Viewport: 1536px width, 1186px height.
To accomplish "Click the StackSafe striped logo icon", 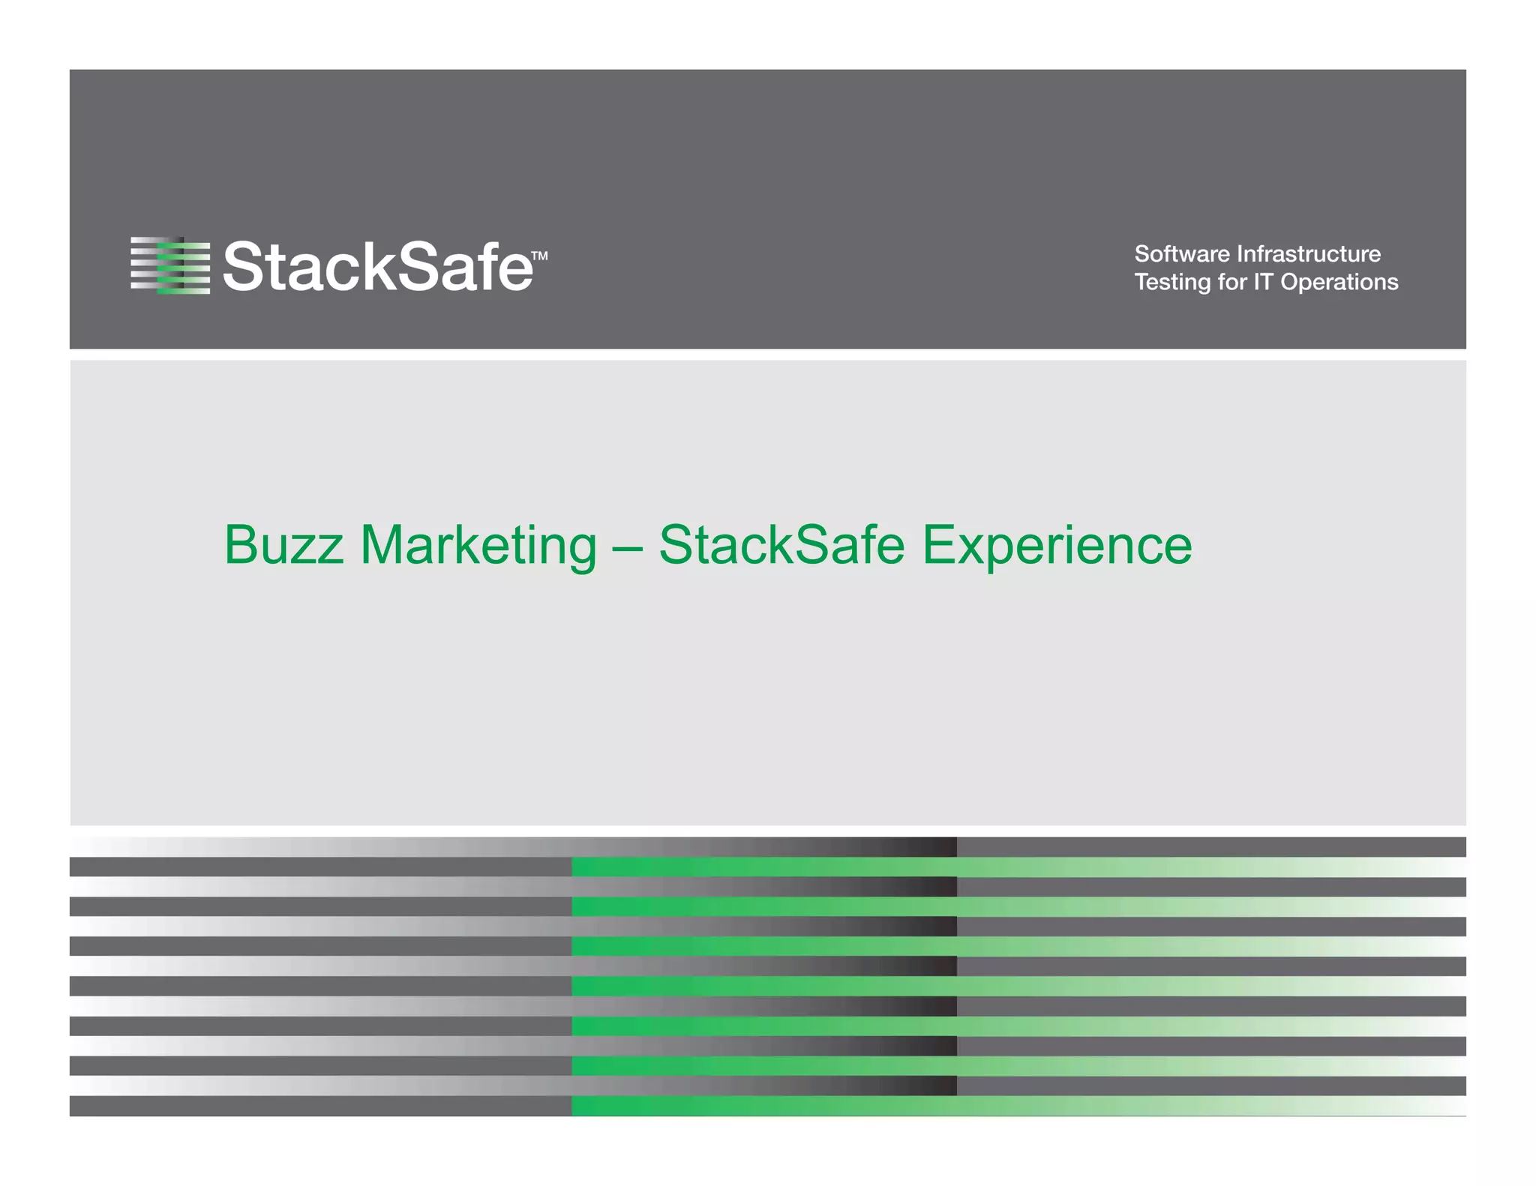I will coord(170,265).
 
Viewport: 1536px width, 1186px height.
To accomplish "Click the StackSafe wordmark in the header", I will coord(378,266).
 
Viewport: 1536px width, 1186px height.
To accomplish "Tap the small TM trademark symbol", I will coord(539,256).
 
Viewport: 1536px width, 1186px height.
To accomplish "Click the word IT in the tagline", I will coord(1263,282).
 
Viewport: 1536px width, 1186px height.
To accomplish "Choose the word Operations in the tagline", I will coord(1339,282).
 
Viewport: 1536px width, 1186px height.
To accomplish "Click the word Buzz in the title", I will coord(284,545).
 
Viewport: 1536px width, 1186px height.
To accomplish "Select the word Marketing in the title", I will coord(478,545).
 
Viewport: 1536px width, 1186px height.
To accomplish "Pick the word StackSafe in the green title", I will coord(781,545).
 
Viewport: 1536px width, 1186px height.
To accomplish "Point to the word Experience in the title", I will coord(1057,545).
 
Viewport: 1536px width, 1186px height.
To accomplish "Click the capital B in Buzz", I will coord(241,545).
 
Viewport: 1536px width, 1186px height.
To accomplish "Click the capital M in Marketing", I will coord(384,545).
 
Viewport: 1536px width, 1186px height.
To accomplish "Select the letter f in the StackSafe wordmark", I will coord(487,266).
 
